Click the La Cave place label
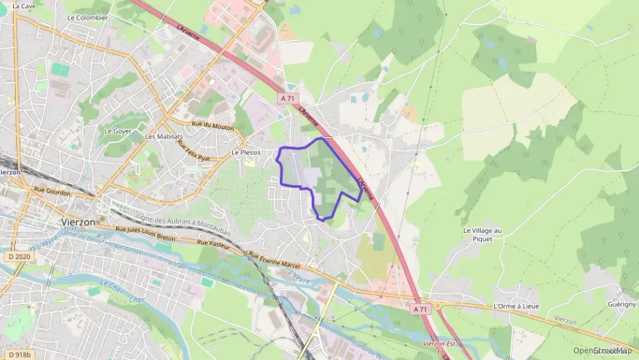click(x=24, y=6)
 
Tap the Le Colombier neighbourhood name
click(x=87, y=18)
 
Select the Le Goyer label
click(x=117, y=130)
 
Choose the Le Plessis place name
click(x=246, y=153)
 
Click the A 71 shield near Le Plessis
click(x=287, y=98)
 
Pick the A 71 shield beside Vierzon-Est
click(x=421, y=309)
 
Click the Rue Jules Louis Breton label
click(x=145, y=234)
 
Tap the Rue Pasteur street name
click(x=212, y=243)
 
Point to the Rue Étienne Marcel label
click(x=275, y=260)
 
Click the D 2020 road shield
click(x=20, y=256)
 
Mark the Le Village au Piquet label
click(x=482, y=234)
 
